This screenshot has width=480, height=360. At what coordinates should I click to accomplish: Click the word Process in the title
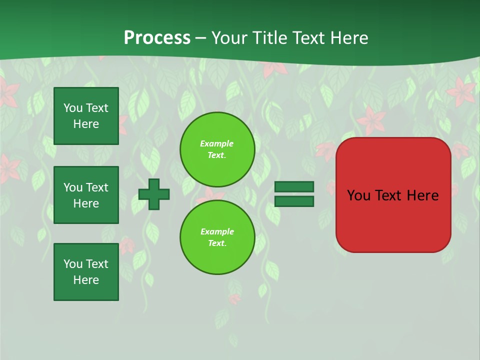point(157,38)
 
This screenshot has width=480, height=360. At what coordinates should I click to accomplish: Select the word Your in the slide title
point(230,38)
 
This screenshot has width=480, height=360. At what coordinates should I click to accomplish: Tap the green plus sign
point(154,194)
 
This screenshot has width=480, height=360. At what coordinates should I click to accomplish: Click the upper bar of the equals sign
point(294,187)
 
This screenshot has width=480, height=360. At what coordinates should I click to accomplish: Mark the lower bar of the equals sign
point(294,201)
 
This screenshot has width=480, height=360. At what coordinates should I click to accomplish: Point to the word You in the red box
point(359,195)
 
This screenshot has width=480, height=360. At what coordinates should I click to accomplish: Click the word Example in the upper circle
point(217,143)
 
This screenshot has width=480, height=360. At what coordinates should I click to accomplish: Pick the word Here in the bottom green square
point(86,280)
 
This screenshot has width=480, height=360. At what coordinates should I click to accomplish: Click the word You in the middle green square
point(72,187)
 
